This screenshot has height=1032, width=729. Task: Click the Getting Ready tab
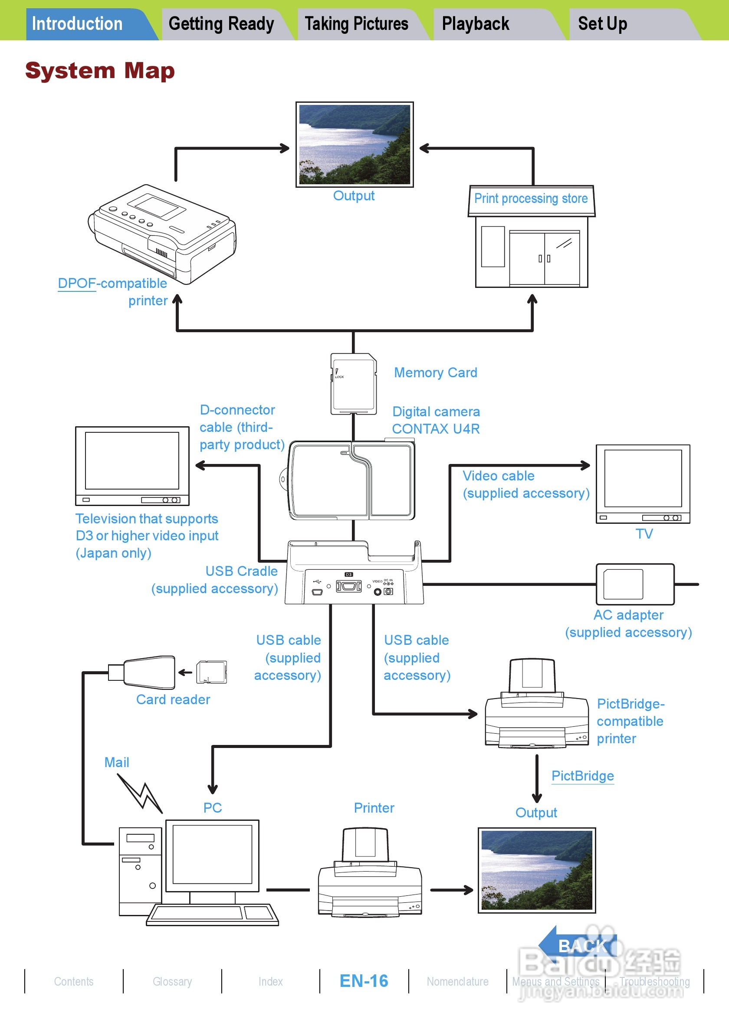pyautogui.click(x=221, y=24)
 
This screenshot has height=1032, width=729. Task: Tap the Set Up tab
pyautogui.click(x=602, y=24)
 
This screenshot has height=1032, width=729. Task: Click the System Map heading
pyautogui.click(x=100, y=71)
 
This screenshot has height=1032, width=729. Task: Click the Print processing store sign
pyautogui.click(x=531, y=198)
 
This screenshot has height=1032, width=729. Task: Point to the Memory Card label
pyautogui.click(x=435, y=372)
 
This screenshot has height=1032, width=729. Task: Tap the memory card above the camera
pyautogui.click(x=354, y=383)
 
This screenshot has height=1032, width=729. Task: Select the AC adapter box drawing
pyautogui.click(x=634, y=584)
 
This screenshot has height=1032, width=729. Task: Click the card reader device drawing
pyautogui.click(x=148, y=673)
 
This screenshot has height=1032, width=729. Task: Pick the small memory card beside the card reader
pyautogui.click(x=212, y=673)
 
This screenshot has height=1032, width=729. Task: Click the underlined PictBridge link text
pyautogui.click(x=582, y=776)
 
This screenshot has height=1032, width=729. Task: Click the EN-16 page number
pyautogui.click(x=364, y=981)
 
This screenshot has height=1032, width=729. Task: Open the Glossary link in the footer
pyautogui.click(x=172, y=982)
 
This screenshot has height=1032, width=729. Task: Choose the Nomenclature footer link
pyautogui.click(x=457, y=982)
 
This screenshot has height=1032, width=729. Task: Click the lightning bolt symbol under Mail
pyautogui.click(x=140, y=794)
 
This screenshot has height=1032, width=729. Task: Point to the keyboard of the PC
pyautogui.click(x=212, y=914)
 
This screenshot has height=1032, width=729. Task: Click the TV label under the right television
pyautogui.click(x=644, y=533)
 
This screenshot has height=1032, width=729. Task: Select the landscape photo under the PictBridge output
pyautogui.click(x=536, y=870)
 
